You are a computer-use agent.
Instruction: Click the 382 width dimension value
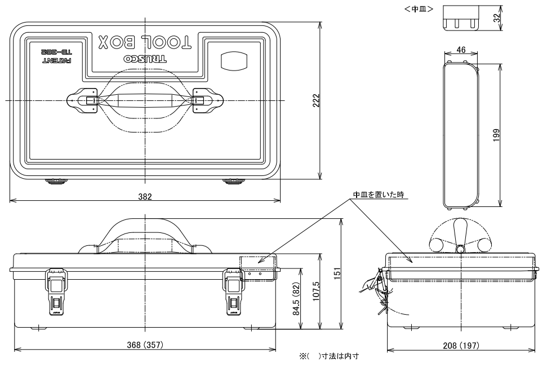point(146,196)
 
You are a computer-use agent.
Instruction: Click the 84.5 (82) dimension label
point(298,299)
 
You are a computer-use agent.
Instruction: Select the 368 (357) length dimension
point(145,345)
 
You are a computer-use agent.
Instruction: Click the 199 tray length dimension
point(496,135)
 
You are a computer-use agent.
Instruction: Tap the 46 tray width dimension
point(460,50)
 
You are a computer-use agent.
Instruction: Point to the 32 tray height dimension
point(496,17)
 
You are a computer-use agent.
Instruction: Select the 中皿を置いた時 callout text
point(379,195)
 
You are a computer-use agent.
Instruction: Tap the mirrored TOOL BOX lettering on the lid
point(145,41)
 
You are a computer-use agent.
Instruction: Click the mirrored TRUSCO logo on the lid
point(145,59)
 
